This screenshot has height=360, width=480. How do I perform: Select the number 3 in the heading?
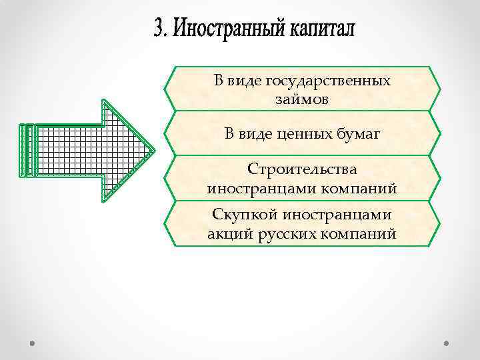coord(158,29)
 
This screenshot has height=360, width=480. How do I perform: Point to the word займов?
coord(302,99)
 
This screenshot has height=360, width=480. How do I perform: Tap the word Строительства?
coord(302,171)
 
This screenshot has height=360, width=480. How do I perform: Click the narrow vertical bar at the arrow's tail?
coord(25,151)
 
